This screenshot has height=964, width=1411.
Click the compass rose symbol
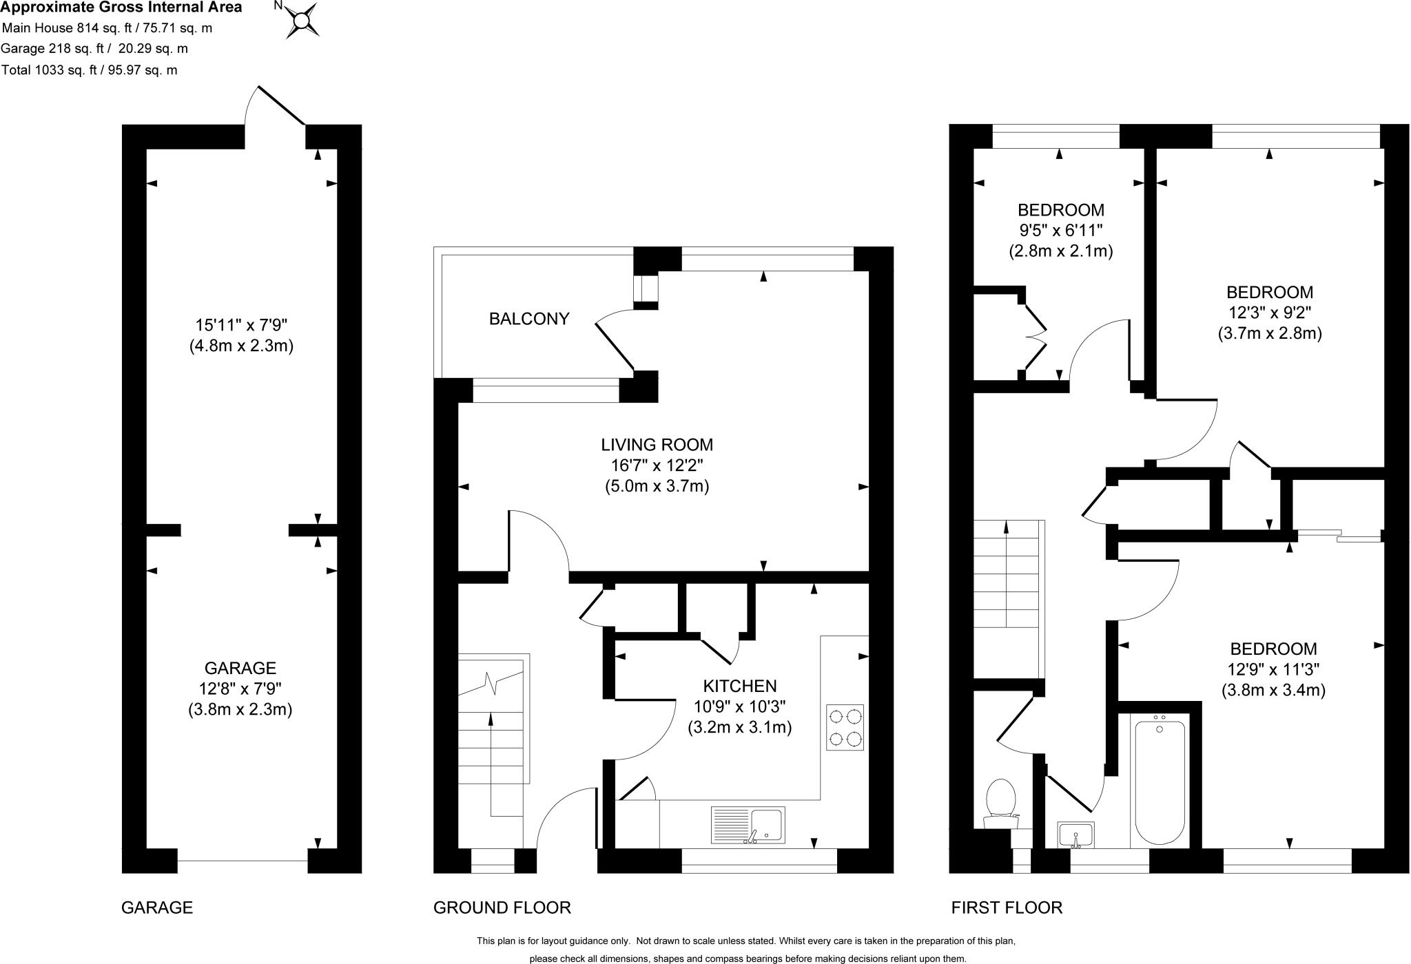tap(301, 20)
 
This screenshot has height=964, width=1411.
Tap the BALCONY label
tap(529, 319)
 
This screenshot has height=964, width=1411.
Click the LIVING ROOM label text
tap(657, 445)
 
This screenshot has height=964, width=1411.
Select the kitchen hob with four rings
tap(845, 727)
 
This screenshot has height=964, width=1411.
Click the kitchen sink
tap(748, 825)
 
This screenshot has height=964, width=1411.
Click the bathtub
tap(1160, 781)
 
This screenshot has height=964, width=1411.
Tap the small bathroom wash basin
tap(1075, 835)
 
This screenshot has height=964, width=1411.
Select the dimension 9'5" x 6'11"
tap(1061, 231)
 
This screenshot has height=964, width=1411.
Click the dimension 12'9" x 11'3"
tap(1273, 669)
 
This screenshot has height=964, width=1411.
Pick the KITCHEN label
tap(740, 686)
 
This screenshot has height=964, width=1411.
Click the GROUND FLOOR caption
tap(502, 908)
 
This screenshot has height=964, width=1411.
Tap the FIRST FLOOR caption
tap(1007, 908)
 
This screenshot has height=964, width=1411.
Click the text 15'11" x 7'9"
tap(241, 324)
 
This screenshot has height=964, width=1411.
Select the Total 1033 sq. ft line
tap(90, 70)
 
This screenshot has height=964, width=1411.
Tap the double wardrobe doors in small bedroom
tap(1033, 336)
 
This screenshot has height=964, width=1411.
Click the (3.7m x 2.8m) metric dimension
tap(1269, 334)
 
